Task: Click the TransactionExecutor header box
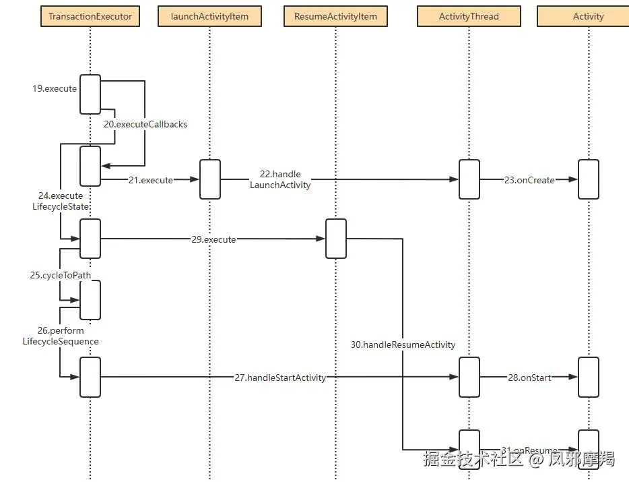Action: click(90, 16)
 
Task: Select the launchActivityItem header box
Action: click(209, 16)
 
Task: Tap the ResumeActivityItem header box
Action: click(335, 16)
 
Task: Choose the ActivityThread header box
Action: click(469, 16)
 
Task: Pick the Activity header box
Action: click(588, 16)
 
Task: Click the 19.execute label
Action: click(55, 88)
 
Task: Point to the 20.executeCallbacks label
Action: click(145, 124)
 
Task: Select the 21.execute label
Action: click(151, 180)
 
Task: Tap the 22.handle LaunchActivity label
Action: click(280, 179)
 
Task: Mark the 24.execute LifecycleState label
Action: click(61, 202)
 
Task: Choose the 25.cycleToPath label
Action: click(61, 275)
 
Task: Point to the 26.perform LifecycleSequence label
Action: click(61, 336)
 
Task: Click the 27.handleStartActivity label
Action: click(280, 378)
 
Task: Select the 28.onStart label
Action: click(529, 378)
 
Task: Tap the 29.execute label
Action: click(213, 239)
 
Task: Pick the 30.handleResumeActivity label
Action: click(403, 344)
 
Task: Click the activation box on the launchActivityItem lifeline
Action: click(209, 179)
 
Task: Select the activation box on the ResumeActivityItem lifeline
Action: click(335, 239)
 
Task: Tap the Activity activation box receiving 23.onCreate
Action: click(588, 179)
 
